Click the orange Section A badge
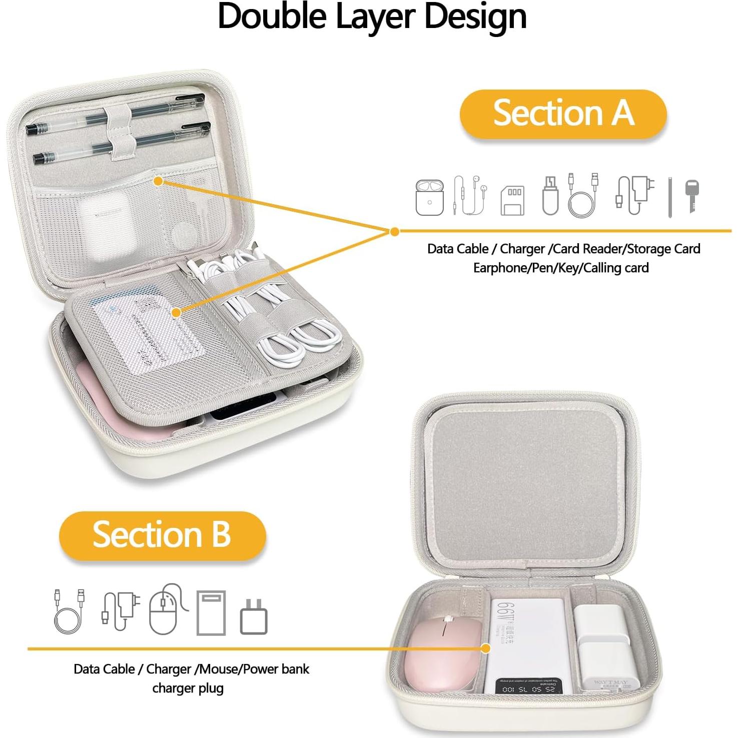click(563, 114)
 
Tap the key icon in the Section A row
click(692, 196)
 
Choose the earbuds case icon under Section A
click(429, 198)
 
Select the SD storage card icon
click(513, 200)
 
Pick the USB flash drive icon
click(550, 196)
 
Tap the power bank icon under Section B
click(211, 612)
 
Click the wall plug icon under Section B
click(254, 617)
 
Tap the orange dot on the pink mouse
click(485, 648)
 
